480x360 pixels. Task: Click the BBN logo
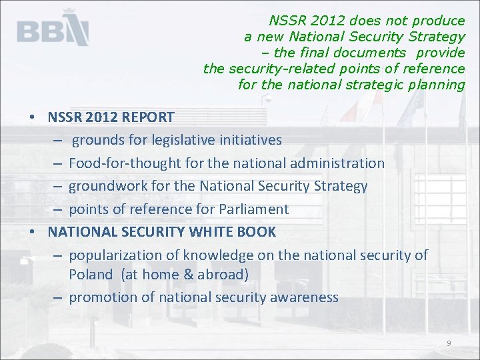tap(53, 29)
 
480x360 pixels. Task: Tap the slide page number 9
tap(449, 343)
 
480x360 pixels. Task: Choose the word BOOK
tap(256, 232)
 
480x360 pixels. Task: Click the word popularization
tap(109, 255)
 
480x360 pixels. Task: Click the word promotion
tap(101, 297)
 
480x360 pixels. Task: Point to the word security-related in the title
tap(278, 69)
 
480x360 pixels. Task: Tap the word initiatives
tap(251, 141)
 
